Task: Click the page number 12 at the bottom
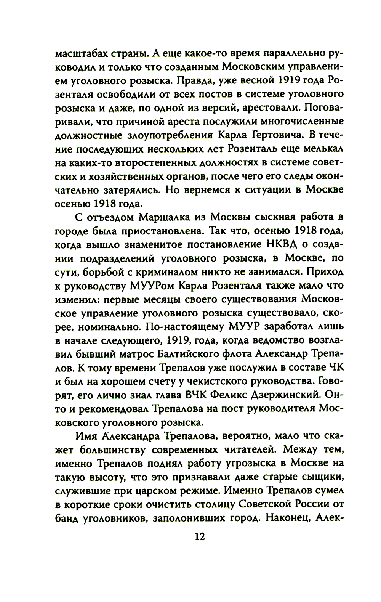tap(199, 536)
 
